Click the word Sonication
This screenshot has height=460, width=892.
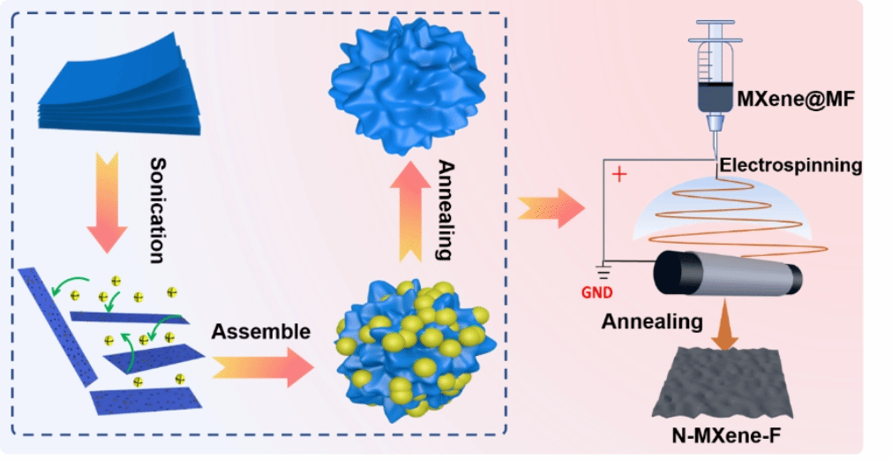[156, 210]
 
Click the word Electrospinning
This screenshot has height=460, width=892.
[791, 165]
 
